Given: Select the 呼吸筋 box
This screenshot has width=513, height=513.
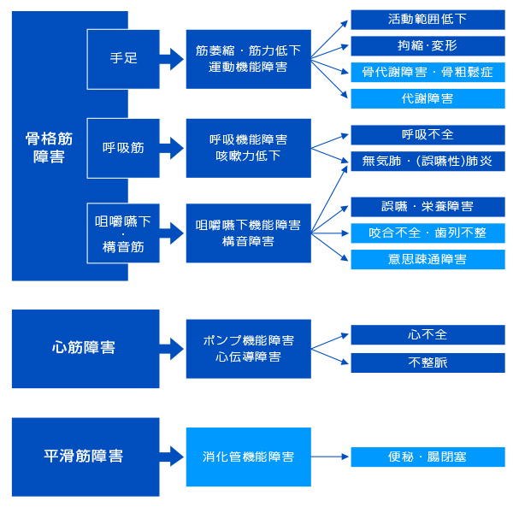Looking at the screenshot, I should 123,148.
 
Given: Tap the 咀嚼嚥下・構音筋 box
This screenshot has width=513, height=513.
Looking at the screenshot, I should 123,233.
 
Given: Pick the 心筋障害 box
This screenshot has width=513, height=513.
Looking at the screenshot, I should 85,348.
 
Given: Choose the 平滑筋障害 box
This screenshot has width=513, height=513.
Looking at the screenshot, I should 85,457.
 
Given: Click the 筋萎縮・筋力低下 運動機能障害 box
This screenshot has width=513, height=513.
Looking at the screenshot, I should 248,59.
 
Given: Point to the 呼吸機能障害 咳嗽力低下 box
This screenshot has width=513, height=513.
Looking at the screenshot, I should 248,148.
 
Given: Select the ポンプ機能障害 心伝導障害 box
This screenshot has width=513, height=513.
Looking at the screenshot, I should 248,348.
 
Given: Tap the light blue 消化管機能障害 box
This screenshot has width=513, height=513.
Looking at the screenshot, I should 248,457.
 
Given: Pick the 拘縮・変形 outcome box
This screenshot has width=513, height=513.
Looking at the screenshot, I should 427,46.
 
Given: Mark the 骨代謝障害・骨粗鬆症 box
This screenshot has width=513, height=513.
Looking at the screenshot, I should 427,73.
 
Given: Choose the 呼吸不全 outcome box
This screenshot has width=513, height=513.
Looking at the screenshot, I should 427,135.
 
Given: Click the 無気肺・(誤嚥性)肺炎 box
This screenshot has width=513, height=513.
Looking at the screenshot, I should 427,161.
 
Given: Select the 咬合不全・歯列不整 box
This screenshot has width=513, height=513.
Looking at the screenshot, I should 427,233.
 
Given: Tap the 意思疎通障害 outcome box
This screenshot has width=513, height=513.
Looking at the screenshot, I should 427,259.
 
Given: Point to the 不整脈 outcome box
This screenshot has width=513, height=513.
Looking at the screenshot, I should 427,363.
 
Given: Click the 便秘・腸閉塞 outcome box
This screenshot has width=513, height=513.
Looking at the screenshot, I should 427,457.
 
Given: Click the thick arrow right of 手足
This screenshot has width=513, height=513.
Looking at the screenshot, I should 172,59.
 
